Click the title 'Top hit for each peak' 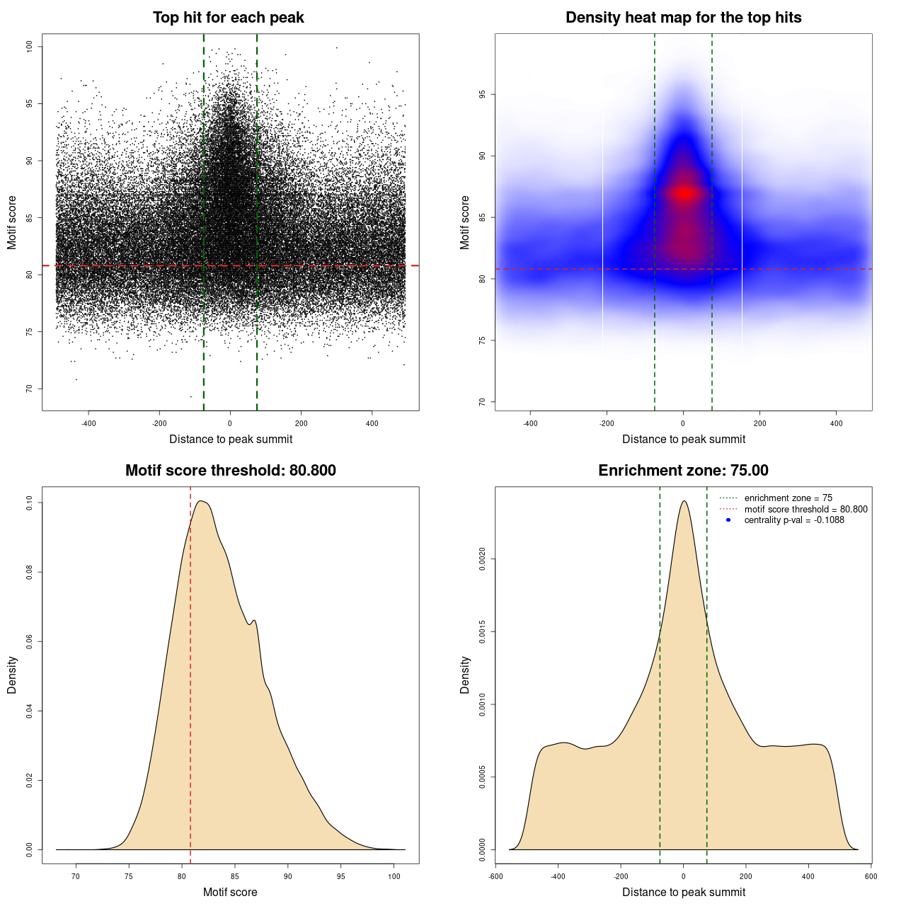pyautogui.click(x=228, y=18)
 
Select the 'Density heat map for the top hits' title pyautogui.click(x=683, y=18)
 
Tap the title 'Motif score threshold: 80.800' pyautogui.click(x=230, y=471)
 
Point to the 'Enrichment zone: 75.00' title pyautogui.click(x=683, y=471)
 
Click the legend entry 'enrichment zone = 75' pyautogui.click(x=788, y=498)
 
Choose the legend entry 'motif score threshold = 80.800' pyautogui.click(x=805, y=509)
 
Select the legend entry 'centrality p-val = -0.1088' pyautogui.click(x=794, y=520)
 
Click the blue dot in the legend pyautogui.click(x=728, y=520)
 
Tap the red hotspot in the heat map pyautogui.click(x=684, y=193)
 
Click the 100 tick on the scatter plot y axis pyautogui.click(x=30, y=47)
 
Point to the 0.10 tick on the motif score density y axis pyautogui.click(x=30, y=503)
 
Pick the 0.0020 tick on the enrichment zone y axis pyautogui.click(x=483, y=559)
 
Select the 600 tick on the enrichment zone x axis pyautogui.click(x=871, y=876)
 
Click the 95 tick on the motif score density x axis pyautogui.click(x=341, y=876)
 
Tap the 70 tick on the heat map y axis pyautogui.click(x=483, y=402)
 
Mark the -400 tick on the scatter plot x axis pyautogui.click(x=88, y=423)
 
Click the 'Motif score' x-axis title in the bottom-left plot pyautogui.click(x=230, y=892)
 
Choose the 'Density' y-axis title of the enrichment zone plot pyautogui.click(x=465, y=675)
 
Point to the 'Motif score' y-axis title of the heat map pyautogui.click(x=465, y=222)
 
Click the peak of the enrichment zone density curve pyautogui.click(x=684, y=501)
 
